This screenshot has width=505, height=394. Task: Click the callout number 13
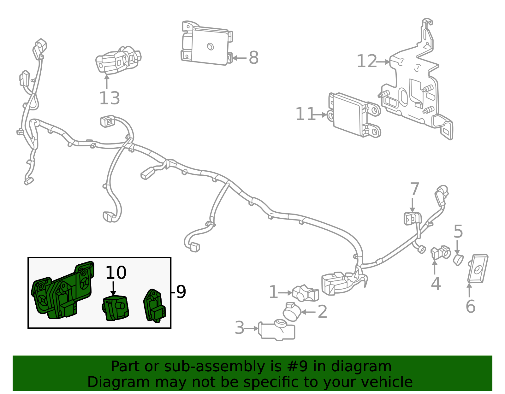(x=110, y=98)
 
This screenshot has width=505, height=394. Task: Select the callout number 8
(x=253, y=58)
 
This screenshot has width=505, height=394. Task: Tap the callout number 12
(x=366, y=61)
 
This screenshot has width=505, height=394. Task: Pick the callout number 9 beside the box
(x=181, y=292)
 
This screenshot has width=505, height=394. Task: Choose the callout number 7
(x=414, y=189)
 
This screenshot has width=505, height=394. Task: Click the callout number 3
(x=239, y=328)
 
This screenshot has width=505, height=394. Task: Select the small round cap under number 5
(x=458, y=260)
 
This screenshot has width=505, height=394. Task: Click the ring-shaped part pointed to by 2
(x=292, y=312)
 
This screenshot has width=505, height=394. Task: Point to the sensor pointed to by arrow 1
(x=306, y=293)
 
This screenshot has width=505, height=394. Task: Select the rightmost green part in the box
(x=154, y=306)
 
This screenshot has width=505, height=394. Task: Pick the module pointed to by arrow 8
(x=207, y=44)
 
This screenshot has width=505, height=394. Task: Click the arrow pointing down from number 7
(x=412, y=205)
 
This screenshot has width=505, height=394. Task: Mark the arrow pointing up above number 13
(x=107, y=82)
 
